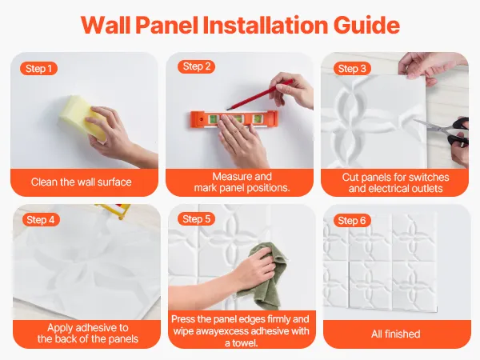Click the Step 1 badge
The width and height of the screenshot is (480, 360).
(38, 69)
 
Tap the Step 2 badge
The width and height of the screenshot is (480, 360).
(196, 66)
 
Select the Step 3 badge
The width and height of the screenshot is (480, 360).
(352, 69)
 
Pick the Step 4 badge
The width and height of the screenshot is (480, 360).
(41, 220)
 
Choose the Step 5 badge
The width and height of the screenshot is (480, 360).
(196, 219)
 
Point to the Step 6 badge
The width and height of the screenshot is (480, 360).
(352, 221)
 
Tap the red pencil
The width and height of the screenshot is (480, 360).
(259, 94)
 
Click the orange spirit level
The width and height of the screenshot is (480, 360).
(234, 120)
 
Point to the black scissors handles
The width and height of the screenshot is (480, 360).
(458, 132)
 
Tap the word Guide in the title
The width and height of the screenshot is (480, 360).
(366, 25)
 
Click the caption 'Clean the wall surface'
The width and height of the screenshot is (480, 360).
(81, 182)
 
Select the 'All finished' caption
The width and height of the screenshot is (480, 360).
(395, 334)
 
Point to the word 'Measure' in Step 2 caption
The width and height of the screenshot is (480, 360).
(231, 177)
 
